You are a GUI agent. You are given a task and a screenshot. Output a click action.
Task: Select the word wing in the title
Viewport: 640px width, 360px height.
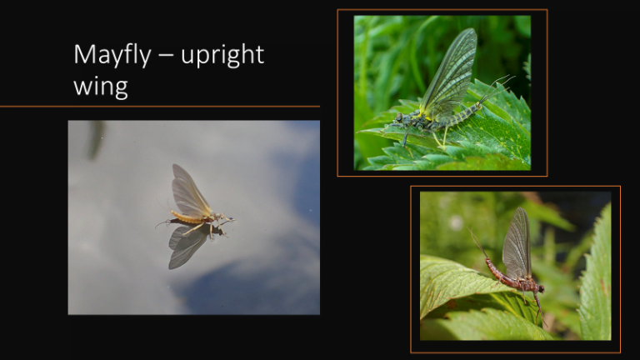coord(100,86)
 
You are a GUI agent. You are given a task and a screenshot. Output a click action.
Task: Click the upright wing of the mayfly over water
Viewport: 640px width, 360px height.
coord(188,190)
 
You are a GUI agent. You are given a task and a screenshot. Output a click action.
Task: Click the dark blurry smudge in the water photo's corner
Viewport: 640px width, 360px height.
coord(97,137)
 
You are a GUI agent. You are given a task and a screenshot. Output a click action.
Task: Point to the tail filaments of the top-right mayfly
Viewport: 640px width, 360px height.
coord(498,84)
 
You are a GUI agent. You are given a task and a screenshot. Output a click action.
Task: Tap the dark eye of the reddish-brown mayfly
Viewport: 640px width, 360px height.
coord(539,288)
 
